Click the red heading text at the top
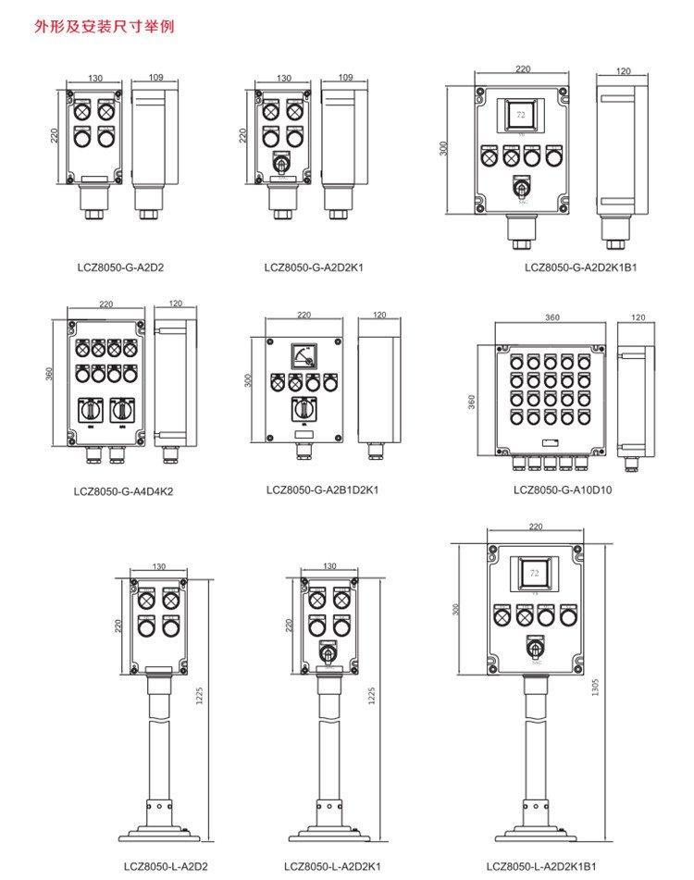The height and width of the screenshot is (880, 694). [103, 27]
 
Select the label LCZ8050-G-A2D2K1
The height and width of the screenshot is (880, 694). [314, 267]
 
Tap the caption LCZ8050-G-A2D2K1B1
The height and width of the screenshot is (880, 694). [580, 267]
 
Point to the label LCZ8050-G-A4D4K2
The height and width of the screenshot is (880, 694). [124, 491]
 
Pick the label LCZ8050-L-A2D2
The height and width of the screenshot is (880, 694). [166, 866]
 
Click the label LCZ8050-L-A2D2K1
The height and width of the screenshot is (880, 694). [333, 866]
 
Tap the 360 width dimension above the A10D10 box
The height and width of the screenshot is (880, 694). [552, 317]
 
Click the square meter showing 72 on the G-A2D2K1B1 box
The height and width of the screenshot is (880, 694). [520, 115]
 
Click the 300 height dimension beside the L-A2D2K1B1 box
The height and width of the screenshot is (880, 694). [455, 609]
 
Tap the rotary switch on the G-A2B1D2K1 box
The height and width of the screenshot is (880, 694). [302, 407]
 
